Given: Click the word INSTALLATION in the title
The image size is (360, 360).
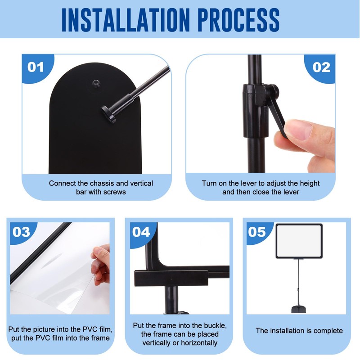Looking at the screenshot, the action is click(125, 20).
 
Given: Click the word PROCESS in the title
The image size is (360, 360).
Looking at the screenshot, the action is click(239, 20).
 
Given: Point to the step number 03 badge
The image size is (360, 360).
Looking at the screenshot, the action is click(21, 232).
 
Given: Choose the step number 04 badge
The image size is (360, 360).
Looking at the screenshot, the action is click(141, 232).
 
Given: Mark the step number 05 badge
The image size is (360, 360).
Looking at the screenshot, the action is click(257, 232).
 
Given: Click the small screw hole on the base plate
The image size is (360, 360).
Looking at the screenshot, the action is click(96, 83).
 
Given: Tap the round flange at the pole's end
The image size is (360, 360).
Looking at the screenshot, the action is click(109, 114).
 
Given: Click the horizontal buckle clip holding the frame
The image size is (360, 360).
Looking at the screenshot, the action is click(171, 278).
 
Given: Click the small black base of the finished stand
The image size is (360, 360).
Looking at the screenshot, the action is click(299, 309).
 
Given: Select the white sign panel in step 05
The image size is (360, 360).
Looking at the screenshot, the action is click(299, 241).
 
